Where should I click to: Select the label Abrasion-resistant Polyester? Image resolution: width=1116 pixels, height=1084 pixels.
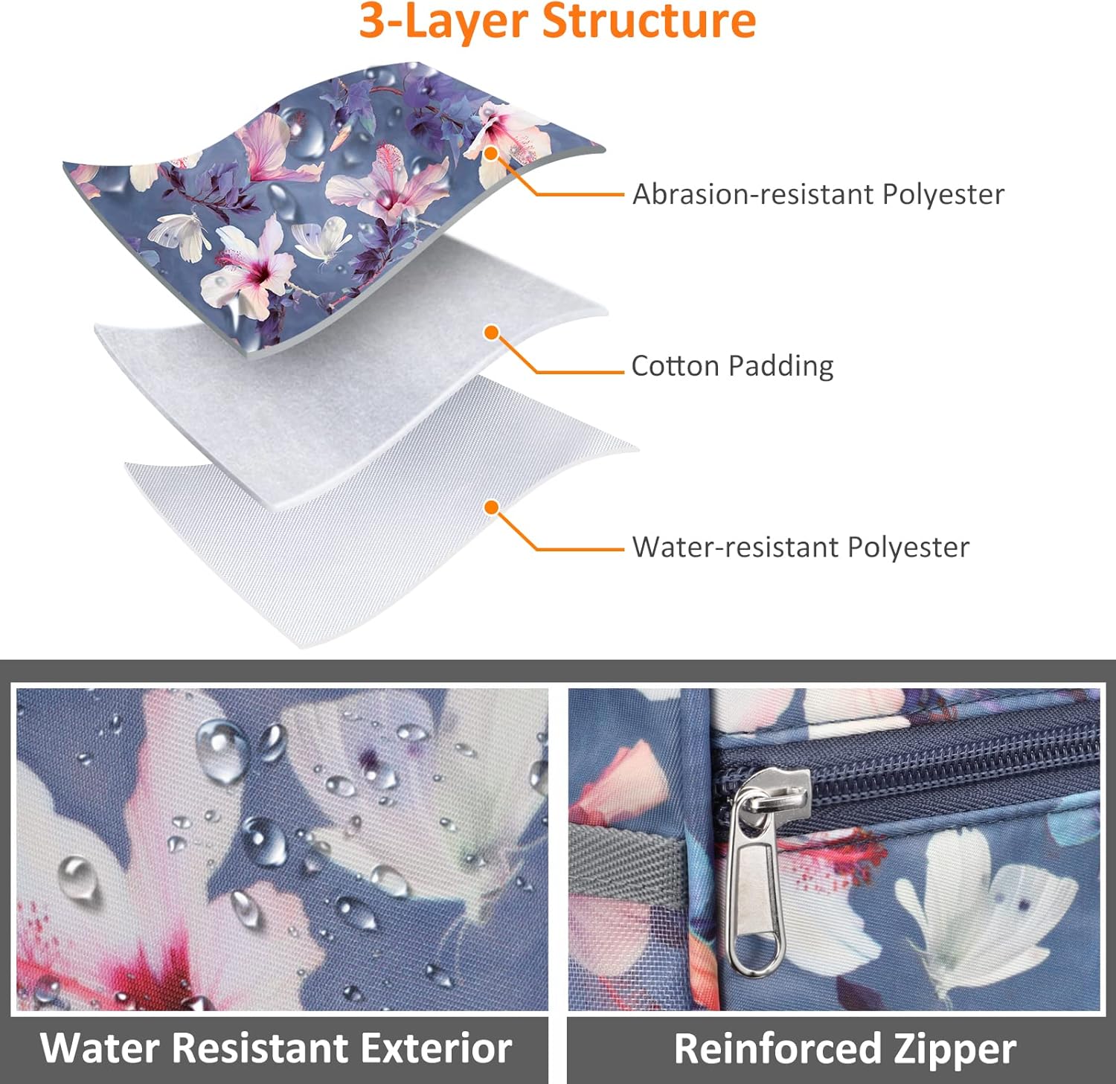tap(818, 194)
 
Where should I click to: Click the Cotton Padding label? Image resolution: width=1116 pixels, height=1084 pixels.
tap(732, 366)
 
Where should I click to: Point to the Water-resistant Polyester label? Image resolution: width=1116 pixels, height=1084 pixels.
tap(801, 547)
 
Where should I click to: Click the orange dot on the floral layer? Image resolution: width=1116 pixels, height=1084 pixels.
tap(491, 154)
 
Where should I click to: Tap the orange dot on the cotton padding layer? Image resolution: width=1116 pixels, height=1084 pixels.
tap(491, 333)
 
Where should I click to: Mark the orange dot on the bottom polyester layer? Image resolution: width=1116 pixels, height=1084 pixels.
tap(491, 507)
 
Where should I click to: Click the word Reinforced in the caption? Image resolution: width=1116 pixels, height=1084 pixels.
tap(777, 1048)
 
